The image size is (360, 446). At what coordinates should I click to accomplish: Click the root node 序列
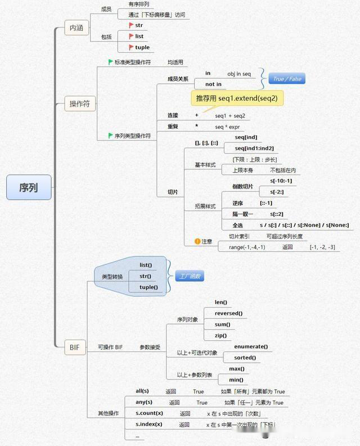point(29,187)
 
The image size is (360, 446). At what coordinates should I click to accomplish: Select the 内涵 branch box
point(76,27)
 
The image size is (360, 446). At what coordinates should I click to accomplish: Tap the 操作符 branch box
point(79,103)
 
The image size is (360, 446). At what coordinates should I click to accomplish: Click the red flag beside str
point(131,25)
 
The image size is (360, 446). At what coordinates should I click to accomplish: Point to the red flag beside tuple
point(131,47)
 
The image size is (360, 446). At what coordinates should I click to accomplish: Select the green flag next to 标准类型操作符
point(111,62)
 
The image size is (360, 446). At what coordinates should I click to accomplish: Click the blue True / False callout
point(287,79)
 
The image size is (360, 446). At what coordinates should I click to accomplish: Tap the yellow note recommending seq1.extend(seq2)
point(236,98)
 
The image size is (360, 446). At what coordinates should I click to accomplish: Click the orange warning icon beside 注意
point(197,241)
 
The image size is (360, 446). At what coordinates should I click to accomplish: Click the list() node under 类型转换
point(146,264)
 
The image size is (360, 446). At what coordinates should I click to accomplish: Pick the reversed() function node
point(228,313)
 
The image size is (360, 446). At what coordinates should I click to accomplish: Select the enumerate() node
point(251,346)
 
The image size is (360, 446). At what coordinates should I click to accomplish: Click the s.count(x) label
point(149,413)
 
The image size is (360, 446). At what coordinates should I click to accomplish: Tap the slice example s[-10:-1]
point(281,181)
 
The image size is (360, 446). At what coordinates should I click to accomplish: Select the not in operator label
point(213,84)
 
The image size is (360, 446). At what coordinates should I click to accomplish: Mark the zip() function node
point(221,336)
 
